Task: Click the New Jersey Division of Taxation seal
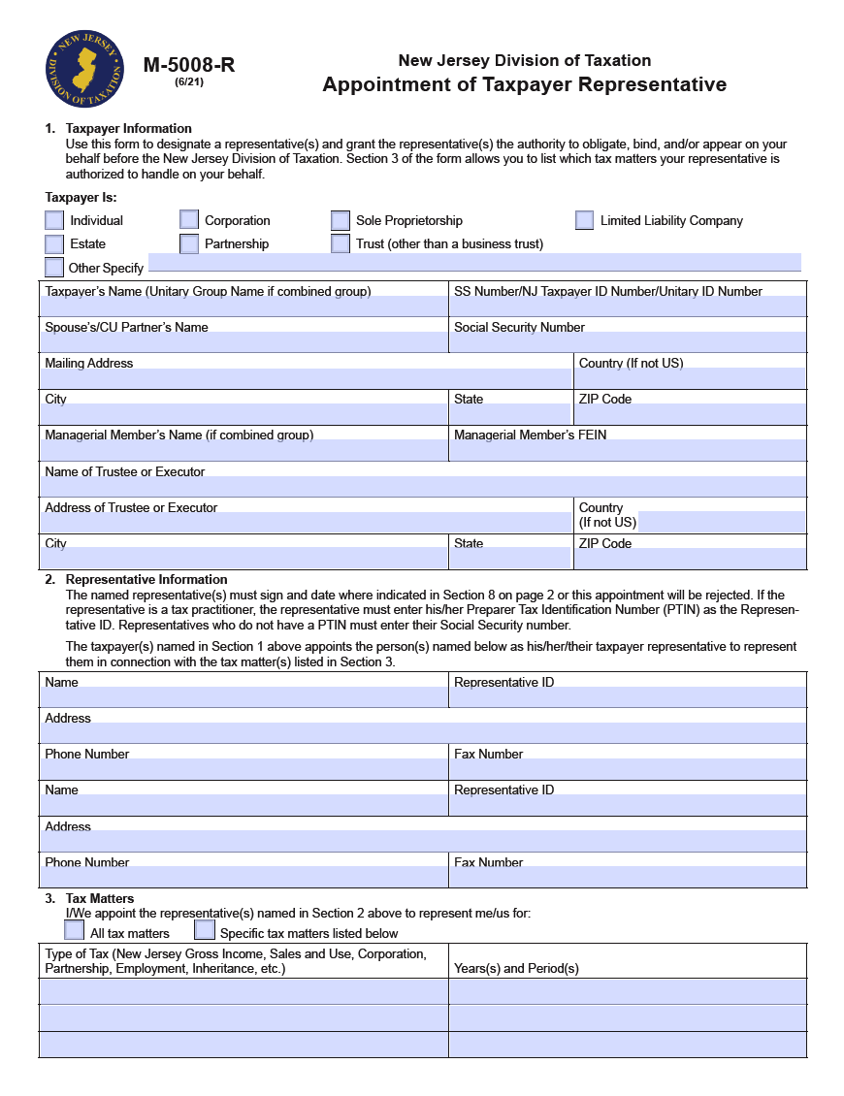[85, 71]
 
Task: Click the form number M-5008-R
[189, 65]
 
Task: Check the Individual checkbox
[54, 220]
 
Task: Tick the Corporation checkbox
[189, 220]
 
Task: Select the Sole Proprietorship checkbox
[341, 220]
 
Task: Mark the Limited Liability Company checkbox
[584, 220]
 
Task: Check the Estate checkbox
[54, 243]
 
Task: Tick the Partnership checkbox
[189, 243]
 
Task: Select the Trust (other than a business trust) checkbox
[341, 243]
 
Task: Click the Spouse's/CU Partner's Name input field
[243, 342]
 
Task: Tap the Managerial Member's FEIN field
[628, 450]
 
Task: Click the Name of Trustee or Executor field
[423, 486]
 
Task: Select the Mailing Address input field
[306, 378]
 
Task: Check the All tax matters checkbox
[75, 930]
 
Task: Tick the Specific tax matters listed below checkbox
[205, 930]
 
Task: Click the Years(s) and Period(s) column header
[516, 968]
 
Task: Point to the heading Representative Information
[146, 579]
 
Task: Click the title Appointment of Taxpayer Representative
[524, 84]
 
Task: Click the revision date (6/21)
[189, 82]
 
